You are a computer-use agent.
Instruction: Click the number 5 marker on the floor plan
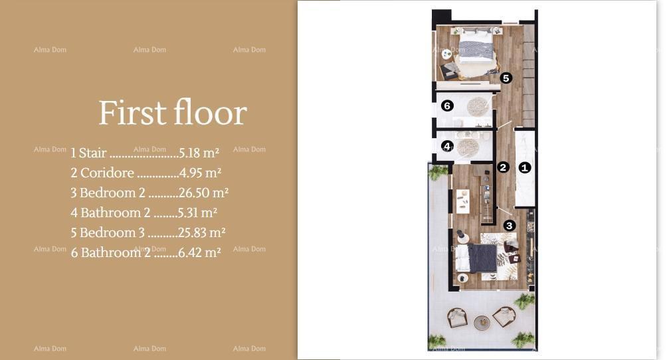[506, 78]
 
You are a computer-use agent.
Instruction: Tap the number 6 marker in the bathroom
[447, 106]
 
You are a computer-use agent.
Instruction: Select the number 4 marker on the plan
[447, 146]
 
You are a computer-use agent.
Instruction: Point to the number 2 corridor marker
[503, 167]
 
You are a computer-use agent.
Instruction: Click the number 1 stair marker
[524, 167]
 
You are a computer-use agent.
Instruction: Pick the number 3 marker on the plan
[509, 226]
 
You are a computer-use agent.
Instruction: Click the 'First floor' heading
[173, 113]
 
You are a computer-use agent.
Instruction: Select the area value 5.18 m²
[199, 153]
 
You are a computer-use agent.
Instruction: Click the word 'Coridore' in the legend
[107, 173]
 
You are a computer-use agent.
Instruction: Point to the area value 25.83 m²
[202, 232]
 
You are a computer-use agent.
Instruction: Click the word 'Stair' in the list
[92, 153]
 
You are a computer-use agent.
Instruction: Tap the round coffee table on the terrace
[482, 323]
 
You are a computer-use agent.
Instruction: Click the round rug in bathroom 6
[478, 106]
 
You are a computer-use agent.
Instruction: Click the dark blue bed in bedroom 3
[480, 258]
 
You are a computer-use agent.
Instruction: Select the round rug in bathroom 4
[468, 147]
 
